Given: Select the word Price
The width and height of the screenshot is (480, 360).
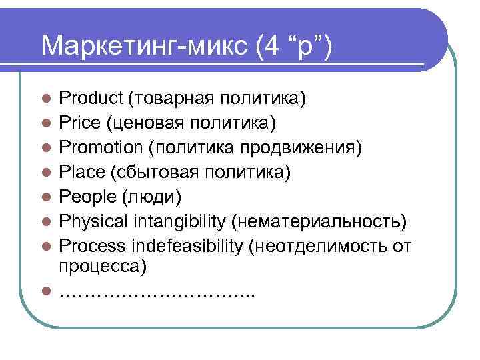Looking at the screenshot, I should click(79, 123).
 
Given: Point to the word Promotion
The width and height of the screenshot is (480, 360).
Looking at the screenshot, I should click(101, 147).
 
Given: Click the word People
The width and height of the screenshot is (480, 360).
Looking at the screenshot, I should click(84, 197).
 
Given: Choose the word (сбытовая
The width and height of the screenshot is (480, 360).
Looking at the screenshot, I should click(151, 173).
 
